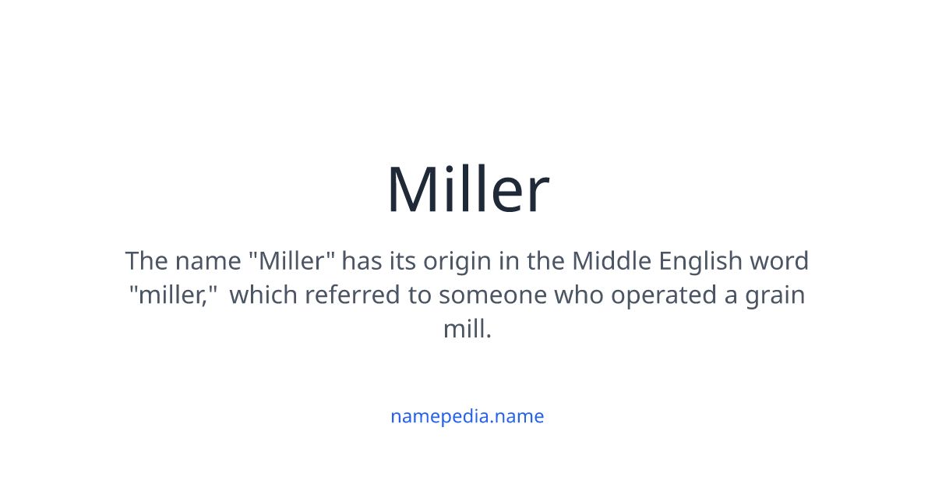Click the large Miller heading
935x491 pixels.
click(467, 189)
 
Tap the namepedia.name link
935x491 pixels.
click(467, 416)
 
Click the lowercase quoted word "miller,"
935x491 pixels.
click(172, 295)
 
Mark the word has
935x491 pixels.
click(362, 260)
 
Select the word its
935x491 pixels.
click(402, 260)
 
